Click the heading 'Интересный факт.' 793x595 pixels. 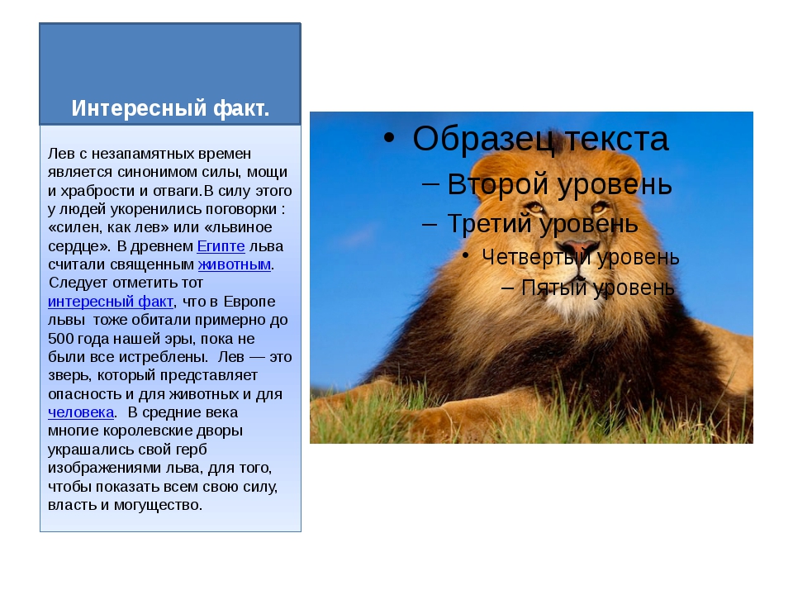[170, 108]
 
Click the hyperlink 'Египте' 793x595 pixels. [221, 246]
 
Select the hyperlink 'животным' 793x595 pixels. [234, 264]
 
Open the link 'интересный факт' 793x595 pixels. [110, 302]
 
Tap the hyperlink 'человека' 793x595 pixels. [81, 412]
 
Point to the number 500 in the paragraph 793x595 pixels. [60, 339]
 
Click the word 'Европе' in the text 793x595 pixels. [249, 302]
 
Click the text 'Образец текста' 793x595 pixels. [540, 139]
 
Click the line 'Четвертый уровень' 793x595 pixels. [581, 257]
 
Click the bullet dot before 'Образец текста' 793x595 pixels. [388, 138]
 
